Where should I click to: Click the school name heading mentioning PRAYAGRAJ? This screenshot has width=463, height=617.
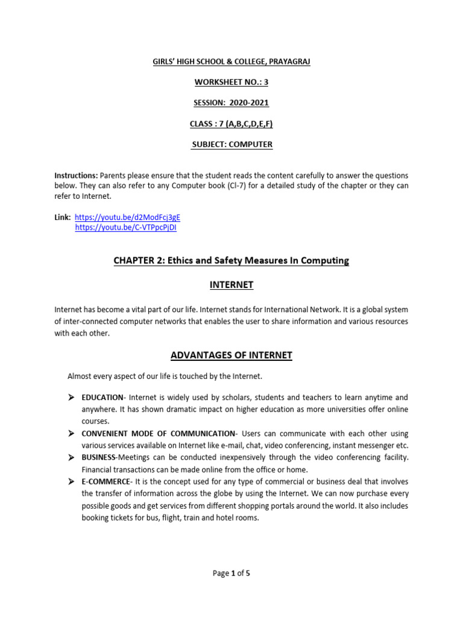(231, 62)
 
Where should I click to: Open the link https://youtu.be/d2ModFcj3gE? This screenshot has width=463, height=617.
(127, 216)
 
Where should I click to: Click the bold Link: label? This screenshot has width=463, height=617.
(63, 216)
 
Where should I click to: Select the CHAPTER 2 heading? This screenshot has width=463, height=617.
(231, 260)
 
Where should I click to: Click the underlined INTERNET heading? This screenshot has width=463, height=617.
(231, 284)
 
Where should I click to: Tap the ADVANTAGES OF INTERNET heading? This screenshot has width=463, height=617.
(231, 355)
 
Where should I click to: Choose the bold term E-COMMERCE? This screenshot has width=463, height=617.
(106, 481)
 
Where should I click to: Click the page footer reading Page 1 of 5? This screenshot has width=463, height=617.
(231, 574)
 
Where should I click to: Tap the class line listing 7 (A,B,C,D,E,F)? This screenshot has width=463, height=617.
(231, 124)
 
